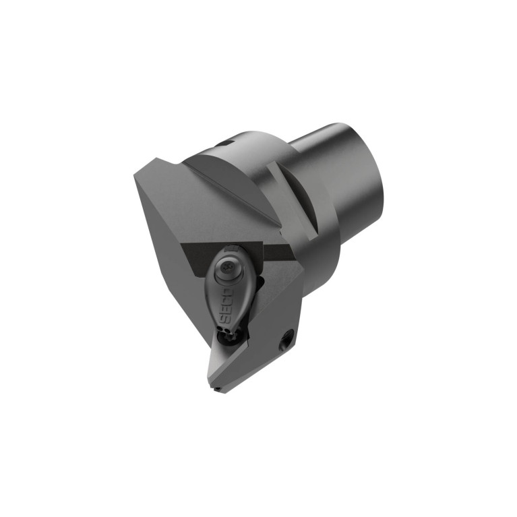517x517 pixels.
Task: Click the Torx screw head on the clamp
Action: tap(227, 265)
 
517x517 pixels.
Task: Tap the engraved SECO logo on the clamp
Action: tap(228, 304)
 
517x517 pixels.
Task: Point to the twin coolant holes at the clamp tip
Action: tap(224, 329)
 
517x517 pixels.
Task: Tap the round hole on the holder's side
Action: tap(286, 341)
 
